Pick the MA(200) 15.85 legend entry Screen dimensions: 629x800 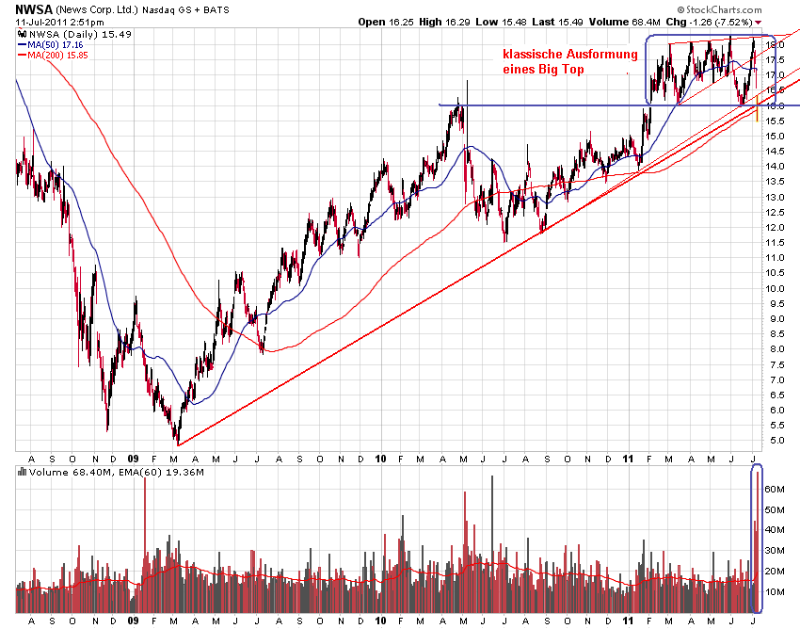(x=56, y=56)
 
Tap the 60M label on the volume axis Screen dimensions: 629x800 (x=776, y=490)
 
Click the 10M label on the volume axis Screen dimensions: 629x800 (x=776, y=592)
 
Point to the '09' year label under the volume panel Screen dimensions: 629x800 (x=134, y=621)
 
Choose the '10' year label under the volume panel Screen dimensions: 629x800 (x=381, y=621)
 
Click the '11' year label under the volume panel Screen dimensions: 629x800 (x=628, y=621)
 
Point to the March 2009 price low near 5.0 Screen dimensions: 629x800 (x=177, y=441)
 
